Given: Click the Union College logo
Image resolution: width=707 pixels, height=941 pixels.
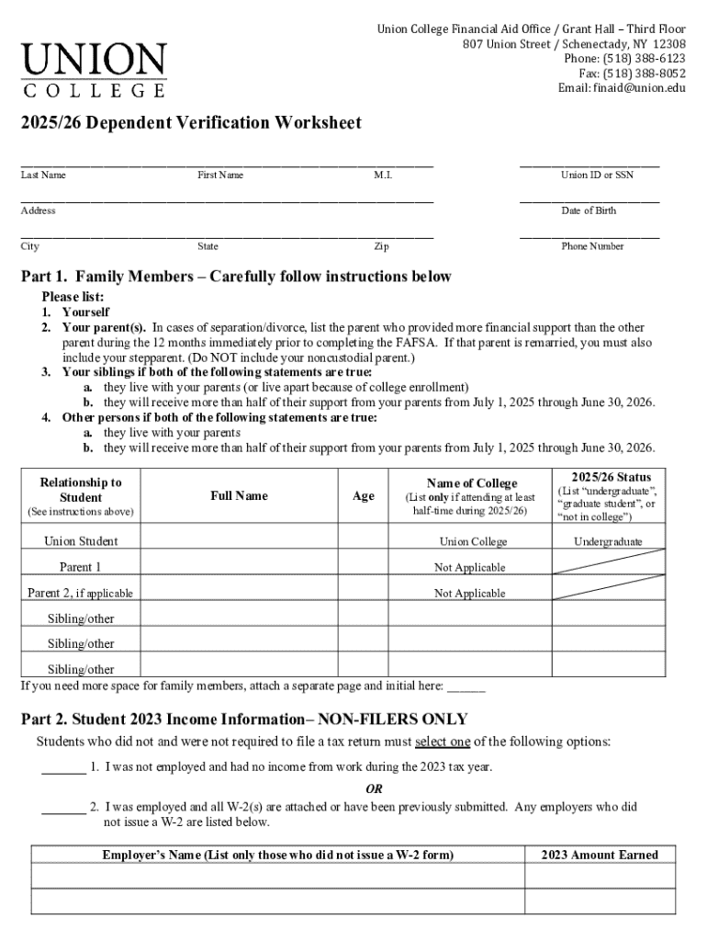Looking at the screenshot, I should point(95,70).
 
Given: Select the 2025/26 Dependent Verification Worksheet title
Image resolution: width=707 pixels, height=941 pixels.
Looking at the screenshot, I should point(191,123).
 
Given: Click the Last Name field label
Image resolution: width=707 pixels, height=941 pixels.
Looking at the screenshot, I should point(43,175).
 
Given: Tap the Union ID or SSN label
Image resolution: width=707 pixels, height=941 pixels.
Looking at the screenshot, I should point(597,175).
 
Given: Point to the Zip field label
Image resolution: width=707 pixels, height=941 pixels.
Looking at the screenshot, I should point(381,246).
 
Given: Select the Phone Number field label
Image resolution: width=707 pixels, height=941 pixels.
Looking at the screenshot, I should point(592,246).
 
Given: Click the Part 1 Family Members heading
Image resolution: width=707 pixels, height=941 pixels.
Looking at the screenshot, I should point(236,277).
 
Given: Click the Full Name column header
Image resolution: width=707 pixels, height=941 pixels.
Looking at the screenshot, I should point(239,495).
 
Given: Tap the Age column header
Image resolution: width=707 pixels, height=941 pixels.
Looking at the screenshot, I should point(364,495).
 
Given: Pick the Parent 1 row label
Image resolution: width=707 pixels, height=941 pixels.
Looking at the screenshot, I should point(81,567).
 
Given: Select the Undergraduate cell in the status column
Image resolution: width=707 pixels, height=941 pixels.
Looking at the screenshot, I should point(608,541).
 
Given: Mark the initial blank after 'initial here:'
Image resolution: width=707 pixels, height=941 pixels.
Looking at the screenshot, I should point(466,686).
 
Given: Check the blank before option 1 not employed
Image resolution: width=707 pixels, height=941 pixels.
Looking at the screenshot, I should point(63,766).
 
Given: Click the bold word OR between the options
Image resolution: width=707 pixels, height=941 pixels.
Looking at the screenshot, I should point(375,788).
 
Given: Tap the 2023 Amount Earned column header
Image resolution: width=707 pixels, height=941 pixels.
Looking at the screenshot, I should point(600,855).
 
